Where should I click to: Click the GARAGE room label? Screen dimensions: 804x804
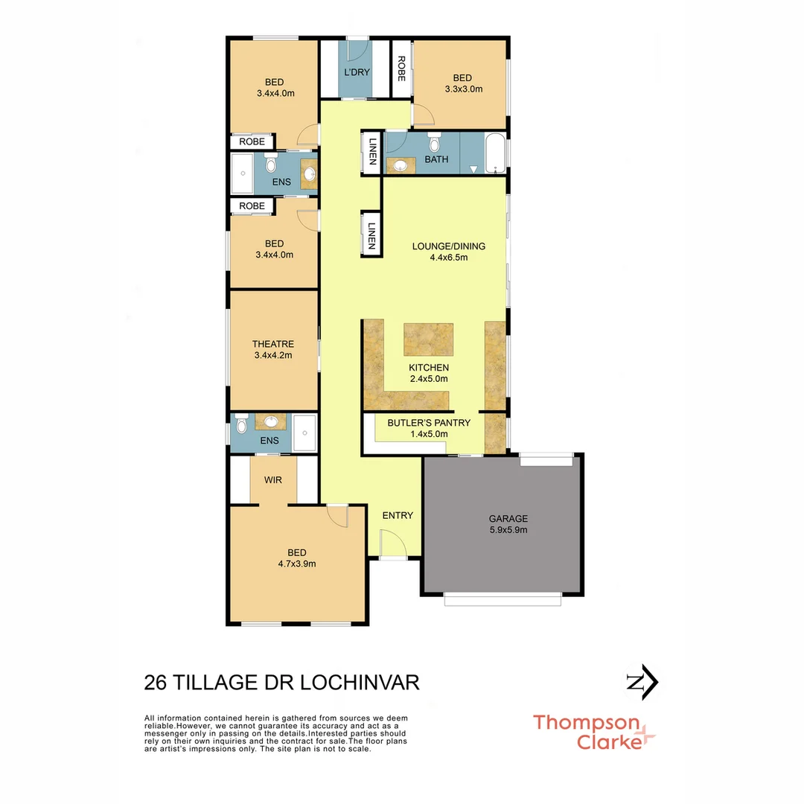point(508,519)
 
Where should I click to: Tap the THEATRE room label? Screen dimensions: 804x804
point(273,344)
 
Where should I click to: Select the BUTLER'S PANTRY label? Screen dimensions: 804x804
point(429,423)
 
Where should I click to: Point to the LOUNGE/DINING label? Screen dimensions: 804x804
point(448,246)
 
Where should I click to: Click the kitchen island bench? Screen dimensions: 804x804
point(429,339)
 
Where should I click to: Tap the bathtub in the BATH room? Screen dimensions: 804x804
point(494,153)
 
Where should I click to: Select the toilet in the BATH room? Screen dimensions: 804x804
point(435,141)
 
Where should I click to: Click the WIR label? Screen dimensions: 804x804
point(273,480)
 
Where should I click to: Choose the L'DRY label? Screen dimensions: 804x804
point(357,72)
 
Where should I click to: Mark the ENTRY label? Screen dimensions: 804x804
point(398,515)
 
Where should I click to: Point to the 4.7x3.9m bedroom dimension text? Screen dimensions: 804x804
point(297,564)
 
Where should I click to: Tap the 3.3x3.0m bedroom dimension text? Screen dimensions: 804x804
point(463,89)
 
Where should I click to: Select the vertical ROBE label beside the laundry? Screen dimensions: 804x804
point(401,68)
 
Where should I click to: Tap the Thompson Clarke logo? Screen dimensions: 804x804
point(593,732)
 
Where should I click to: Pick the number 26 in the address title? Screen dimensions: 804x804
point(156,683)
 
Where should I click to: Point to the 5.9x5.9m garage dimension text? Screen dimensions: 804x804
point(508,530)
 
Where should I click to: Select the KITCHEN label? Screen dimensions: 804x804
point(429,368)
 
